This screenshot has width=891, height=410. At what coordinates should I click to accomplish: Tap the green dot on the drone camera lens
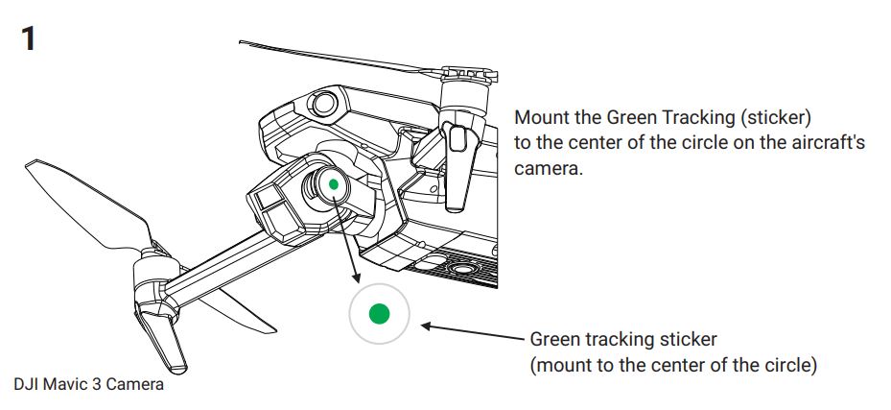pyautogui.click(x=333, y=183)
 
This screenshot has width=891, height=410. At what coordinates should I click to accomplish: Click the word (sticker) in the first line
pyautogui.click(x=780, y=118)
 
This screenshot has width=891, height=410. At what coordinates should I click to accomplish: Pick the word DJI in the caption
pyautogui.click(x=26, y=384)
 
